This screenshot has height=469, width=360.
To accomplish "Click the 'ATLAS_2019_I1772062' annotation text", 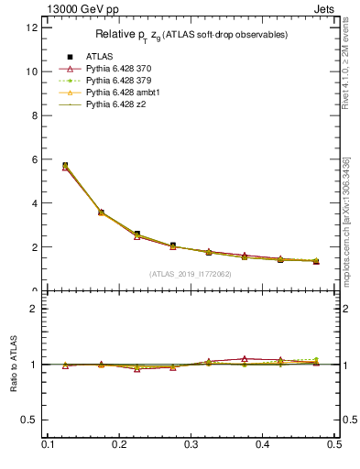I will click(x=191, y=274).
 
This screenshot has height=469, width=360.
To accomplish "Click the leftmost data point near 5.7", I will click(x=65, y=166).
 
